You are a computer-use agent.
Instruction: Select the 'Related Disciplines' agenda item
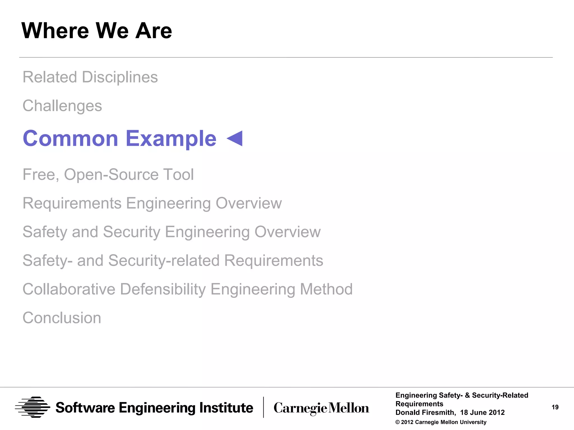[x=90, y=77]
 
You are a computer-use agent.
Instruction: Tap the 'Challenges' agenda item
[x=62, y=106]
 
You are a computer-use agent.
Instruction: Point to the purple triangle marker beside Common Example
[x=235, y=138]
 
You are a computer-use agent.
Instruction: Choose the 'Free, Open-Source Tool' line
[x=108, y=174]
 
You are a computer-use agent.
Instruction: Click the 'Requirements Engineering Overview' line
[x=152, y=203]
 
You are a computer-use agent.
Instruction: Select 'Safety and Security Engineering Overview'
[x=172, y=232]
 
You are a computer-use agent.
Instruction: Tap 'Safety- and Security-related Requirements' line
[x=173, y=260]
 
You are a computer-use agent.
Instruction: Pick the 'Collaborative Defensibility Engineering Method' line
[x=188, y=289]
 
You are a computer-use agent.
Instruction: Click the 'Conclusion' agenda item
[x=62, y=318]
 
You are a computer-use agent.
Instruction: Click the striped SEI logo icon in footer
[x=33, y=407]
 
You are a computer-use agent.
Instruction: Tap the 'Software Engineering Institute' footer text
[x=154, y=408]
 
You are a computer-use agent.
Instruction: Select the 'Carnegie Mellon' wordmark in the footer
[x=321, y=408]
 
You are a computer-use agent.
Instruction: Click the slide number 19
[x=555, y=407]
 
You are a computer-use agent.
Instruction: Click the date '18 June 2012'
[x=482, y=412]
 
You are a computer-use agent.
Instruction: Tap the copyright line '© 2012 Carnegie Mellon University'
[x=441, y=422]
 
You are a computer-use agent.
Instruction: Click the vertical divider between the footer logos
[x=263, y=407]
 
